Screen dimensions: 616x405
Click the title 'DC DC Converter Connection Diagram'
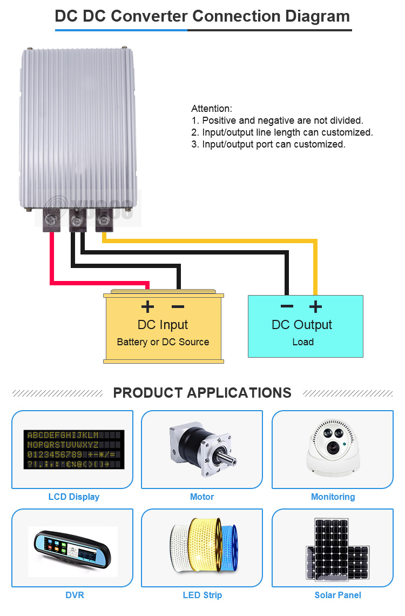tap(202, 16)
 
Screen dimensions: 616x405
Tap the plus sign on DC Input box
tap(147, 307)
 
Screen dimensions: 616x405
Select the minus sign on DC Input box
tap(178, 307)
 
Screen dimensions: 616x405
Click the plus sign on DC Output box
tap(315, 307)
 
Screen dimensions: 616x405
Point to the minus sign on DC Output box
tap(287, 307)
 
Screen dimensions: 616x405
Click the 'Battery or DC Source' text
tap(163, 342)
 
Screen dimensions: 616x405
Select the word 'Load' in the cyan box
tap(303, 342)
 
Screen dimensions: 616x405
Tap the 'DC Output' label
tap(302, 325)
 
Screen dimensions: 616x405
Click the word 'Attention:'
tap(212, 109)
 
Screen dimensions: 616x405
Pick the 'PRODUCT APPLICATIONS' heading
tap(202, 392)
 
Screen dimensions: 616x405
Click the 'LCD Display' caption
tap(74, 497)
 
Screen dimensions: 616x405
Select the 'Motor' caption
tap(202, 497)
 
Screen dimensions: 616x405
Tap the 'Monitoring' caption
tap(333, 497)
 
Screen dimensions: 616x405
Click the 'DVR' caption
tap(74, 595)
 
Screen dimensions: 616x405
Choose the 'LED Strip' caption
tap(202, 595)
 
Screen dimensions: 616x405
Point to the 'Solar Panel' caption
tap(337, 595)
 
